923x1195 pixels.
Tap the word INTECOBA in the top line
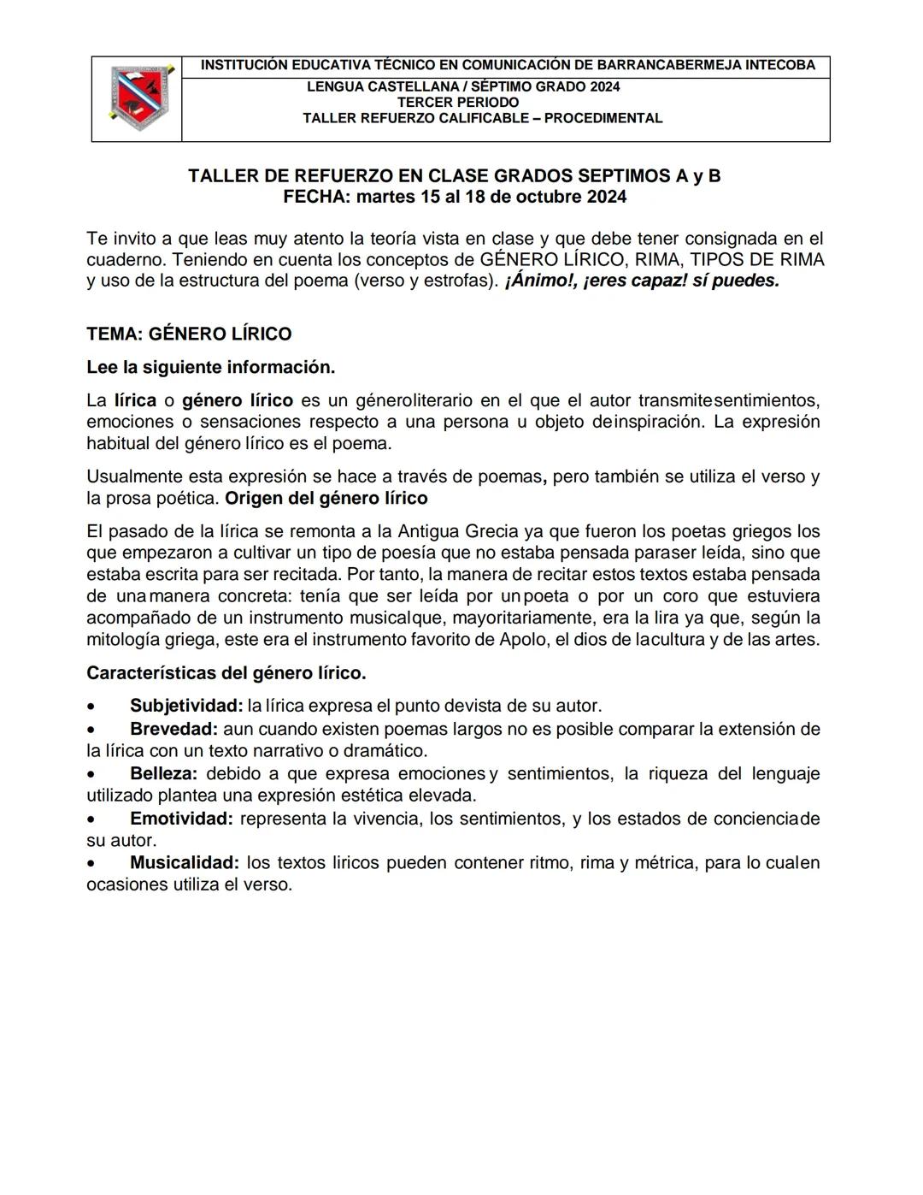click(780, 65)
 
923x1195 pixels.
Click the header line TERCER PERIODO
click(458, 102)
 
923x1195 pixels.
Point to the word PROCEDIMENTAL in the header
click(603, 118)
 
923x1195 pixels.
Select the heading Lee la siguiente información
click(210, 367)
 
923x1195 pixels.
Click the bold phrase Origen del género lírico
click(326, 498)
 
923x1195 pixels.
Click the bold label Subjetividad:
click(186, 706)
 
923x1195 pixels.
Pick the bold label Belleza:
click(164, 773)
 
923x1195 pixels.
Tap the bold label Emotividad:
click(181, 819)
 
